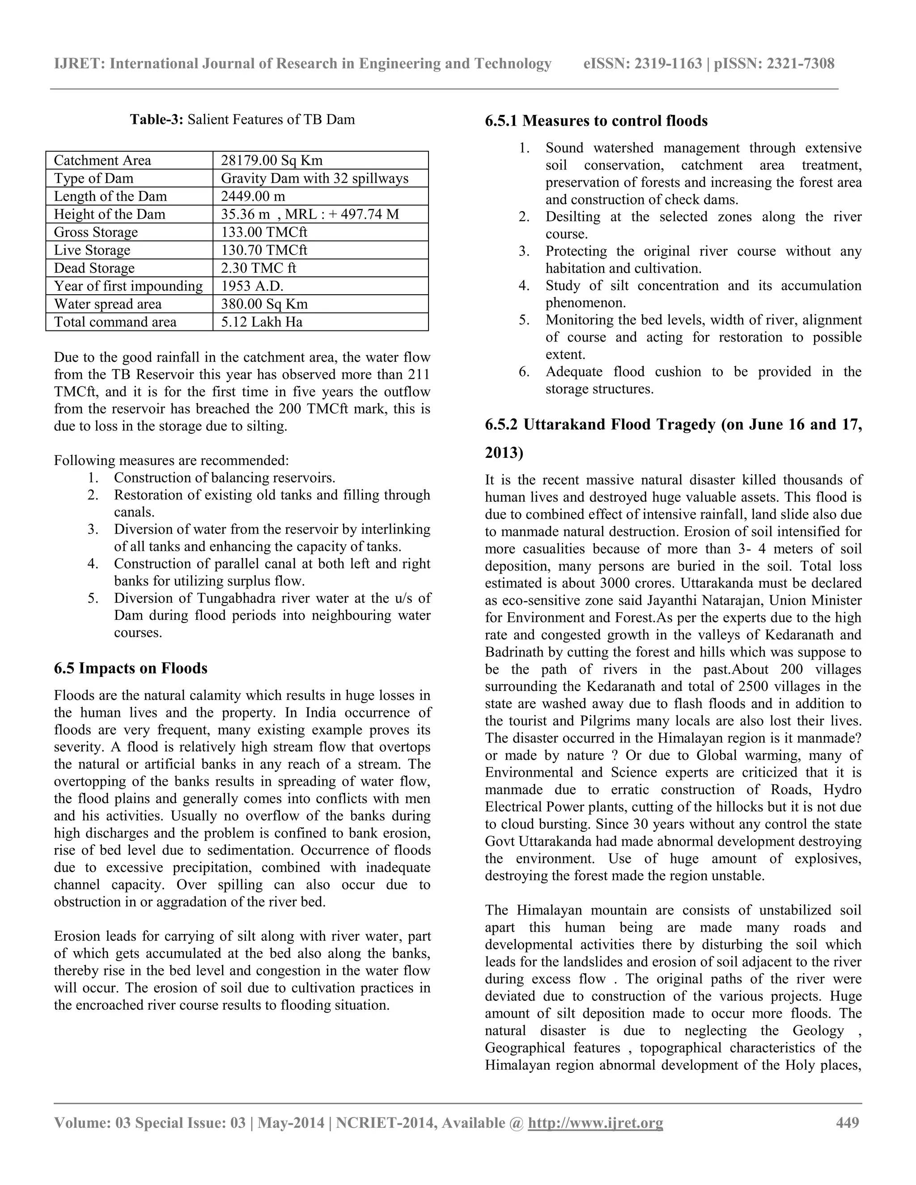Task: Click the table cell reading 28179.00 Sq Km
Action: pyautogui.click(x=271, y=161)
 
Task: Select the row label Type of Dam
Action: pyautogui.click(x=93, y=178)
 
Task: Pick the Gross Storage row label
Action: pyautogui.click(x=96, y=232)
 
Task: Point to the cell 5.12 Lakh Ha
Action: pyautogui.click(x=262, y=322)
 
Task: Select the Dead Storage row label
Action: pyautogui.click(x=94, y=268)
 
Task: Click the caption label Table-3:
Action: pyautogui.click(x=157, y=119)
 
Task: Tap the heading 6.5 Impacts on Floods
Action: pyautogui.click(x=130, y=668)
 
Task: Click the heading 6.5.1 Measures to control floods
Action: pyautogui.click(x=596, y=120)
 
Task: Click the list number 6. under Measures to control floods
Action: pyautogui.click(x=524, y=372)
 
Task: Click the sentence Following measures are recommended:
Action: pyautogui.click(x=171, y=461)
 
